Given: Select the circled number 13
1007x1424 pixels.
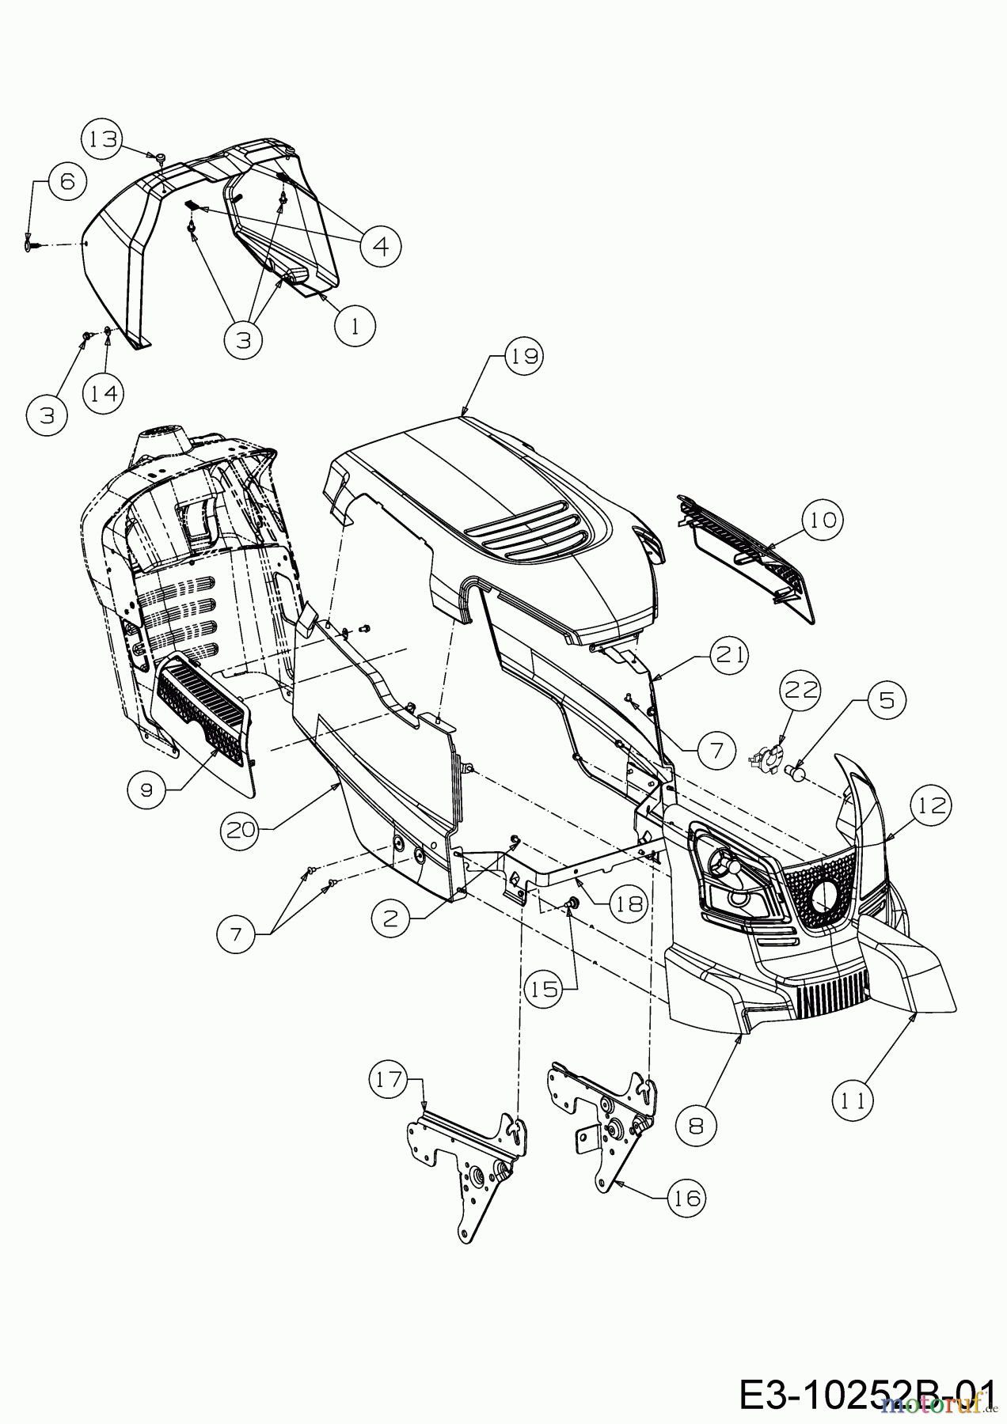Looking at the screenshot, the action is click(103, 139).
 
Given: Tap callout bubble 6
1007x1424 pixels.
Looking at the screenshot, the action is click(66, 182).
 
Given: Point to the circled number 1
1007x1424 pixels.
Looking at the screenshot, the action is click(354, 325).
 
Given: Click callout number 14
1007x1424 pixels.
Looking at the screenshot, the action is click(104, 393).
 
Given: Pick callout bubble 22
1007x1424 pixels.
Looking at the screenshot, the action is click(800, 691).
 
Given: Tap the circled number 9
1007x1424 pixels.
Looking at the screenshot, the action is click(147, 788).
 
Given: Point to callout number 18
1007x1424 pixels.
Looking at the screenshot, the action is click(630, 903).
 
